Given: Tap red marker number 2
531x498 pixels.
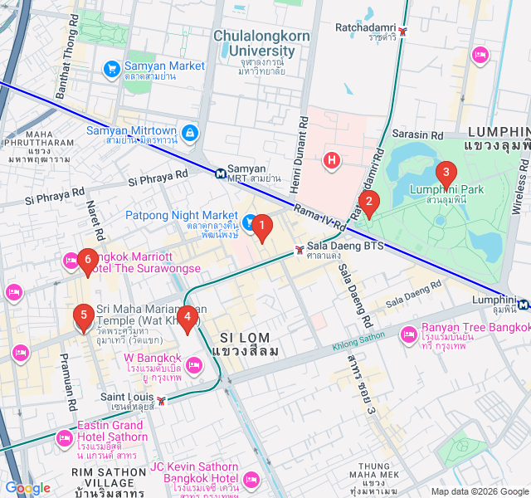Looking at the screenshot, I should (370, 202).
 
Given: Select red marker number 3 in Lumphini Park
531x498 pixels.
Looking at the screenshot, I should (446, 174).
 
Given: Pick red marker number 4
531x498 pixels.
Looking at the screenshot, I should (188, 317).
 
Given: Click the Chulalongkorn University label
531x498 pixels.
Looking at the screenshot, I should (254, 43).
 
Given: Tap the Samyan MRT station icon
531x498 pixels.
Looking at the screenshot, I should (219, 173).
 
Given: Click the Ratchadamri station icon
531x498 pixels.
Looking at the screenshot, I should (402, 32).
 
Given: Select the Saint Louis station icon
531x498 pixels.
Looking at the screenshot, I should (161, 401).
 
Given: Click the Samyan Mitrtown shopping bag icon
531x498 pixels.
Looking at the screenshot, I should (191, 132).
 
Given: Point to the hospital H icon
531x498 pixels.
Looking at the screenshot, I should (332, 159).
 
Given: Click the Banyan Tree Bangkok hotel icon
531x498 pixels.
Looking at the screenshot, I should (408, 334).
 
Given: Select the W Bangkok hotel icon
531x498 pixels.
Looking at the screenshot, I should (194, 364).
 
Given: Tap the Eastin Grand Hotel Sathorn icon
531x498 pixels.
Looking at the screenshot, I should (65, 437).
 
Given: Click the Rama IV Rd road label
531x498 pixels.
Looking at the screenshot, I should (319, 213).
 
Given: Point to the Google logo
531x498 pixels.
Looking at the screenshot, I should (27, 488).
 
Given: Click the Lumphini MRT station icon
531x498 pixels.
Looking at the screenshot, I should (524, 305).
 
